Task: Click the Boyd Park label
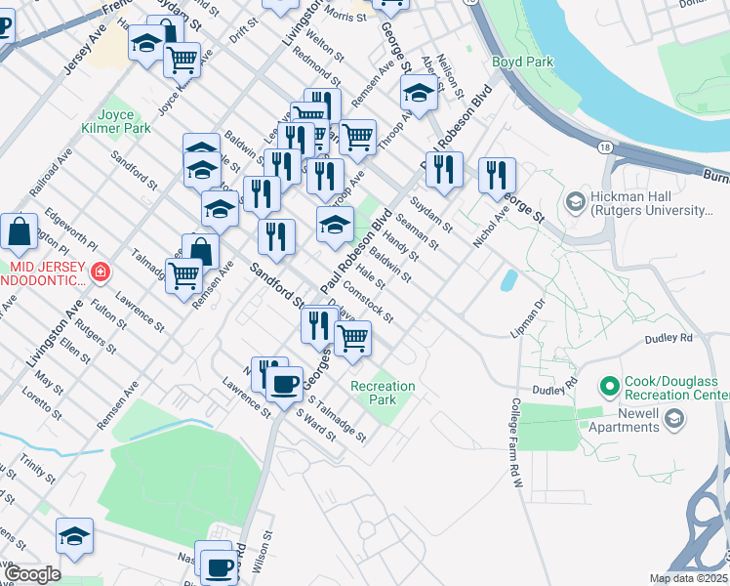pyautogui.click(x=522, y=62)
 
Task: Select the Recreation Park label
pyautogui.click(x=383, y=393)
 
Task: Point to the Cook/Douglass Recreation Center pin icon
pyautogui.click(x=611, y=387)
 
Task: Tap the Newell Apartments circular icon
pyautogui.click(x=673, y=420)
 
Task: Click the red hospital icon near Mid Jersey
pyautogui.click(x=99, y=271)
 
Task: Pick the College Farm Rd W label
pyautogui.click(x=516, y=434)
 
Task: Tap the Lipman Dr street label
pyautogui.click(x=524, y=319)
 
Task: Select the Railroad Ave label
pyautogui.click(x=51, y=173)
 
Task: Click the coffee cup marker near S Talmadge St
pyautogui.click(x=284, y=383)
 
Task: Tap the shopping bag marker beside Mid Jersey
pyautogui.click(x=20, y=231)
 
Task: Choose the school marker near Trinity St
pyautogui.click(x=74, y=536)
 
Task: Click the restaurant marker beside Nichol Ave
pyautogui.click(x=497, y=175)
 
